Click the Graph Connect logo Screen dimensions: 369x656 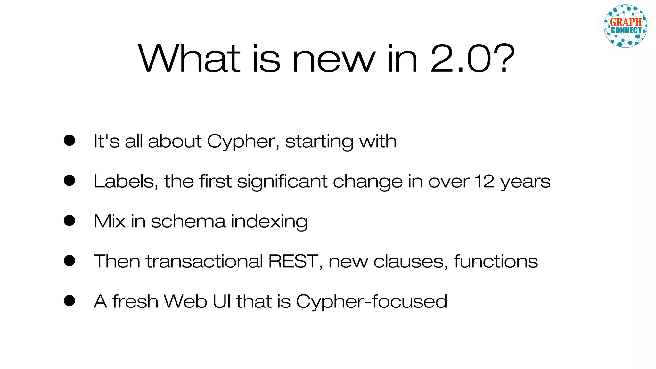coord(625,26)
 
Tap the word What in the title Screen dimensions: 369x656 coord(189,59)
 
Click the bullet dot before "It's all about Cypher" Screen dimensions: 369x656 coord(70,140)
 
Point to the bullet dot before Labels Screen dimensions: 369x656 coord(70,180)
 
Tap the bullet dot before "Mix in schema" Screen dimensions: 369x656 coord(70,220)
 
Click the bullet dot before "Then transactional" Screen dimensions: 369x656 coord(70,260)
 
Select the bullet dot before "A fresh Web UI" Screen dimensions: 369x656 coord(70,300)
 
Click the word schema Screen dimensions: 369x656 coord(188,221)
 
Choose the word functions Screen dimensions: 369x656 coord(496,261)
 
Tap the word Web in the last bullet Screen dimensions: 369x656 coord(185,301)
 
